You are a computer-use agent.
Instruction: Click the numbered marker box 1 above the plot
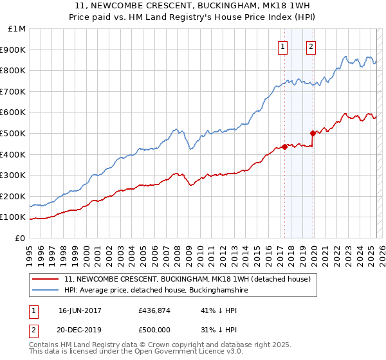click(283, 46)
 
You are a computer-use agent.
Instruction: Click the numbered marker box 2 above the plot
click(311, 46)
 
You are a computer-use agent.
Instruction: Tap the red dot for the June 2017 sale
click(284, 147)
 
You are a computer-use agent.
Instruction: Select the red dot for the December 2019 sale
click(313, 134)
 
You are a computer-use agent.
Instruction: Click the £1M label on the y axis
click(17, 28)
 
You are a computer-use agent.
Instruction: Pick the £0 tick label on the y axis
click(20, 238)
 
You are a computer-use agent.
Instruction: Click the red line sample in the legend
click(46, 280)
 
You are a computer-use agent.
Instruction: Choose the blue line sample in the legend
click(46, 291)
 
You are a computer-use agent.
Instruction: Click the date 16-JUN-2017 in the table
click(80, 310)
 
